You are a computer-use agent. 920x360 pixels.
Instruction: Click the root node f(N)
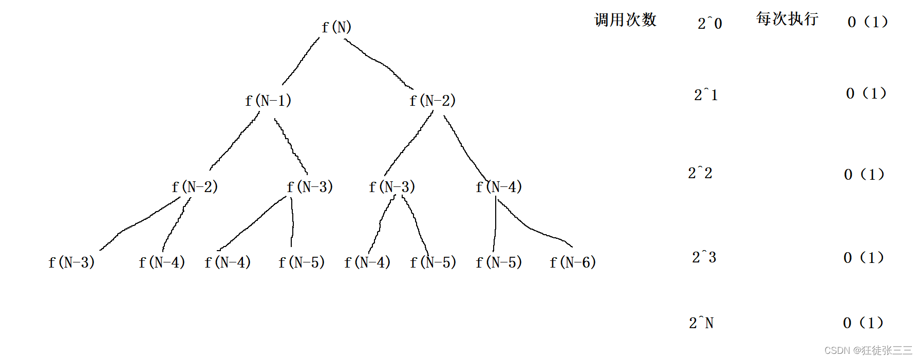point(336,27)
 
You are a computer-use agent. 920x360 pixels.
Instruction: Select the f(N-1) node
point(268,100)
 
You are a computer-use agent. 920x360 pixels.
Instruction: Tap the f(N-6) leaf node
point(572,262)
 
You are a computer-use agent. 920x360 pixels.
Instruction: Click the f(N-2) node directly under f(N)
point(433,100)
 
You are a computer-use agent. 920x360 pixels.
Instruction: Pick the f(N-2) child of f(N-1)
point(195,186)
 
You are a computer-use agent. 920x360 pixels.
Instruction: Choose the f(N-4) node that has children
point(498,186)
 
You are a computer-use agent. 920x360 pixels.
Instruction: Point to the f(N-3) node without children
point(71,262)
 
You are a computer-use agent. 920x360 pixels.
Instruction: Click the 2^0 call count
point(710,23)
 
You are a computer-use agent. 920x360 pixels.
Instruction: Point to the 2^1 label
point(706,94)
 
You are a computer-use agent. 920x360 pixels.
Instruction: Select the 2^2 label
point(700,173)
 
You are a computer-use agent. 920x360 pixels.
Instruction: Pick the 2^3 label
point(704,257)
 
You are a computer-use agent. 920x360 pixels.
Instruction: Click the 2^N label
point(701,323)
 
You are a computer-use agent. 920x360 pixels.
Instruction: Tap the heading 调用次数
point(625,20)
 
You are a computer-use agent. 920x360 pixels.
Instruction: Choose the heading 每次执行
point(787,18)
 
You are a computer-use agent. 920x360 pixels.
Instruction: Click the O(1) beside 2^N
point(863,323)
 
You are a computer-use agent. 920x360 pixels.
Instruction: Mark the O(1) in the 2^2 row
point(864,174)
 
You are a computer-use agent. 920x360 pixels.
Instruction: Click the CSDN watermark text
point(868,350)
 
